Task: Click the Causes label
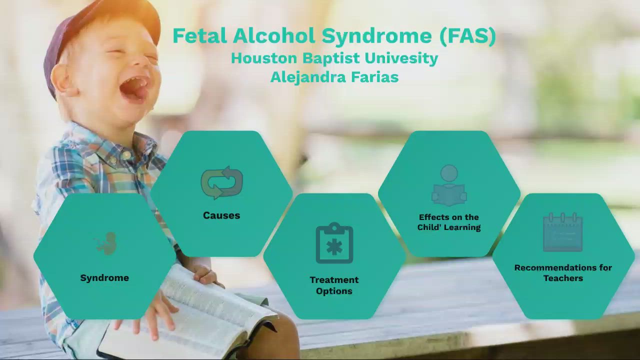coord(221,215)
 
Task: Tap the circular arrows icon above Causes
coord(221,183)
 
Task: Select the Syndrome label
coord(104,278)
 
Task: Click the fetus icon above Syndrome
coord(106,243)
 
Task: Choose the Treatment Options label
coord(334,285)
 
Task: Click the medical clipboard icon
coord(334,243)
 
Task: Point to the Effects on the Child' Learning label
coord(449,222)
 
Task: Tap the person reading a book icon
coord(449,186)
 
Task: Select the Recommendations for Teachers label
coord(563,273)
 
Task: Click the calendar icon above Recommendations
coord(563,232)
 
